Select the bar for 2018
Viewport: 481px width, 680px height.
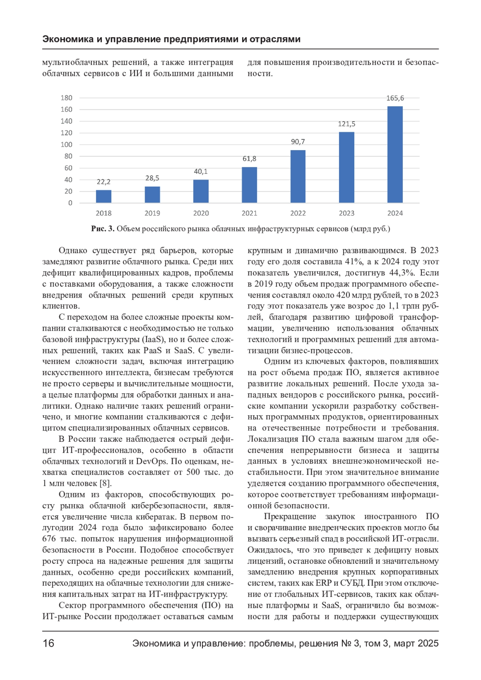tap(103, 196)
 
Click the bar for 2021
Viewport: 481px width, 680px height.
tap(249, 185)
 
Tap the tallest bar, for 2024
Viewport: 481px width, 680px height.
tap(395, 155)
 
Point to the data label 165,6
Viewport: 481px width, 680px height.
tap(395, 98)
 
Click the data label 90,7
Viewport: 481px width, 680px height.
tap(298, 142)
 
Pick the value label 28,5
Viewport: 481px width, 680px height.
tap(152, 178)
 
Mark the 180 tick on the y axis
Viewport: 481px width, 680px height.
tap(67, 98)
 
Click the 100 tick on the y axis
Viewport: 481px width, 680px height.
tap(67, 145)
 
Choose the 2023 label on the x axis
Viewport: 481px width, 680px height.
tap(346, 213)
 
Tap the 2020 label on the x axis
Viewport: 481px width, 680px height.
tap(201, 213)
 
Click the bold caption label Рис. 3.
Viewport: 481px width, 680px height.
tap(103, 229)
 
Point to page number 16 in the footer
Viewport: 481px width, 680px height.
tap(49, 644)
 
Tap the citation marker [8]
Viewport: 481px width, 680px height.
tap(105, 483)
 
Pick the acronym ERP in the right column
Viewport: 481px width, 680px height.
tap(323, 583)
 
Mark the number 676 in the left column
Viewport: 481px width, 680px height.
tap(49, 539)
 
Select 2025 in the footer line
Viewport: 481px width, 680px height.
tap(428, 644)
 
